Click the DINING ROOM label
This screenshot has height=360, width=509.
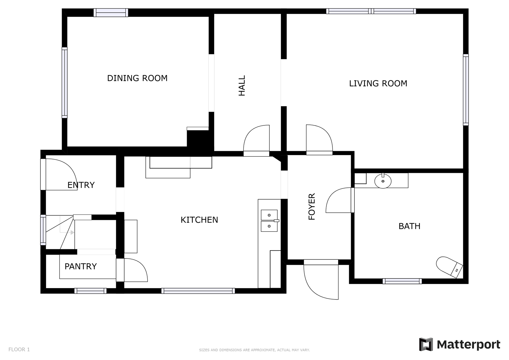[137, 78]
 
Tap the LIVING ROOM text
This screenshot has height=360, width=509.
[378, 83]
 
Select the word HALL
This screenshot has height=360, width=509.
[242, 86]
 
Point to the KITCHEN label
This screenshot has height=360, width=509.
[199, 220]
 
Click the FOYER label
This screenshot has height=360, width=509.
[312, 207]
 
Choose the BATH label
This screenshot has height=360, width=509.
[409, 226]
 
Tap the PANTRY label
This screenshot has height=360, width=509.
[81, 266]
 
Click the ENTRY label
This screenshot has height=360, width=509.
[81, 185]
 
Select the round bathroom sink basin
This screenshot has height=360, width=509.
[383, 181]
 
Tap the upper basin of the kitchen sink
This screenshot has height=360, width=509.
[269, 215]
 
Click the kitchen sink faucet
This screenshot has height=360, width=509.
[276, 221]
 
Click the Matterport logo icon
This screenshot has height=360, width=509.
[426, 344]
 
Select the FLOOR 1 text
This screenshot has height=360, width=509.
[19, 349]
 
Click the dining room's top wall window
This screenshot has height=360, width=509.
[111, 12]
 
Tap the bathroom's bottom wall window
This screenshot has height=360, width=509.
[402, 281]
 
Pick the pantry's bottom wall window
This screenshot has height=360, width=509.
[90, 291]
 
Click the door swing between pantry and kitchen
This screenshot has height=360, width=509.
[136, 270]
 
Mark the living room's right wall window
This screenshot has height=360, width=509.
[466, 90]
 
